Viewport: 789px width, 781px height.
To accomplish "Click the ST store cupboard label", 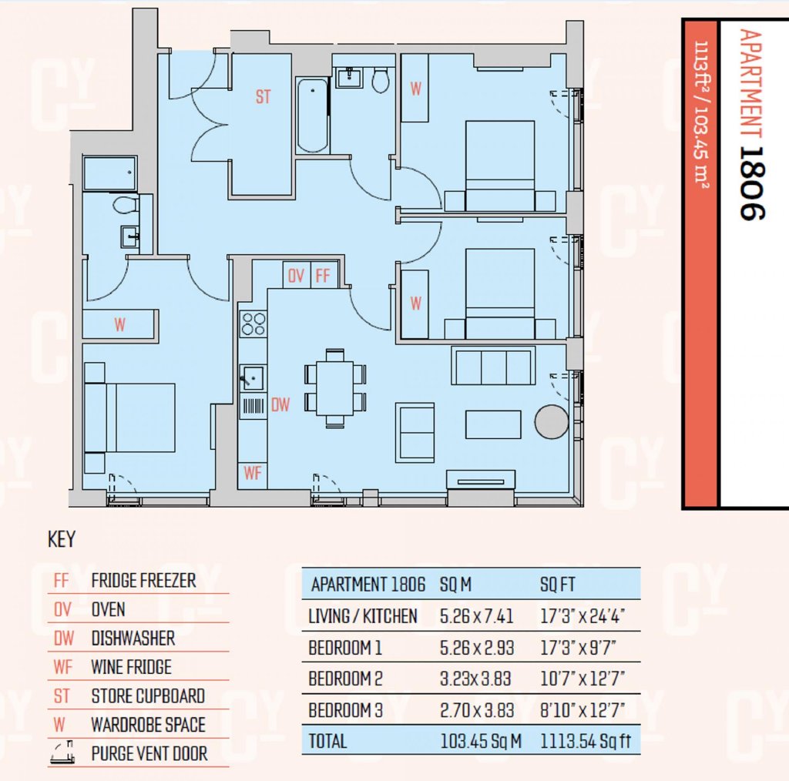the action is click(264, 96).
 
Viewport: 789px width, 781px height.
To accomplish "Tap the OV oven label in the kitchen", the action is click(296, 276).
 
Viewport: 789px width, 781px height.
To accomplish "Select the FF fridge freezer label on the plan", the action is click(323, 276).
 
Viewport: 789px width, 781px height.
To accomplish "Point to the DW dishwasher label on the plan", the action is click(280, 405).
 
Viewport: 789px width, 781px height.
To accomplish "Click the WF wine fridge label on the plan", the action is click(253, 473).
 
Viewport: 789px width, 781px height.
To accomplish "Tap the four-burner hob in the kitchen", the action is click(253, 323).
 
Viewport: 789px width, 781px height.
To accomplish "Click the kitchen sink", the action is click(253, 377).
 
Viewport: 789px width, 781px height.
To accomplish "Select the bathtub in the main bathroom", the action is click(313, 116).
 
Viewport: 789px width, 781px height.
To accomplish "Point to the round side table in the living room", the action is click(552, 422).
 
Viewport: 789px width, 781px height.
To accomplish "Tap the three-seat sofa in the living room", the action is click(493, 365).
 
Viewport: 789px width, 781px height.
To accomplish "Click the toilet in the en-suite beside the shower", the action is click(126, 205).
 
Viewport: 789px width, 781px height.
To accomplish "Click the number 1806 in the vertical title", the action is click(752, 183).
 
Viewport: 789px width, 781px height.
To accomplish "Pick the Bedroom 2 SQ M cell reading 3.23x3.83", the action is click(475, 679).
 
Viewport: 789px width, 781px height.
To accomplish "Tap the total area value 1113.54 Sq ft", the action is click(586, 741).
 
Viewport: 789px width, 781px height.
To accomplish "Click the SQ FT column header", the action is click(558, 585).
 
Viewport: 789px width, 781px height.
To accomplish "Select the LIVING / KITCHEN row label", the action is click(363, 616).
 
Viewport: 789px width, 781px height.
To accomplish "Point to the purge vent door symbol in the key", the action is click(63, 753).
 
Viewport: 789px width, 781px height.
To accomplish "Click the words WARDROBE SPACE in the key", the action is click(149, 725).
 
